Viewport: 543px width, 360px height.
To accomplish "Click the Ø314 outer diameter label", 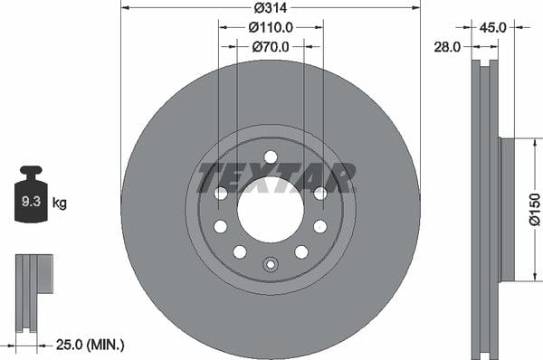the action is (x=271, y=7).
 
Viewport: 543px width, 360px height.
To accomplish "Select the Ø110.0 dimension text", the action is (x=271, y=27).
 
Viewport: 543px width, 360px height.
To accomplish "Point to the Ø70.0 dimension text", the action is (x=271, y=47).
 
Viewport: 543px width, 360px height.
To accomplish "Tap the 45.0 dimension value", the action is (x=492, y=27).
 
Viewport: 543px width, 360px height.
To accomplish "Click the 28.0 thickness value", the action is (x=447, y=47).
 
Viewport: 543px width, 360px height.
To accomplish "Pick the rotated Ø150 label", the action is (x=535, y=210).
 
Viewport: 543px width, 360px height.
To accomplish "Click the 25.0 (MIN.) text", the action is (x=90, y=345).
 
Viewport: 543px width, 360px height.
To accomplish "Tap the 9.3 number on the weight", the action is (x=31, y=201).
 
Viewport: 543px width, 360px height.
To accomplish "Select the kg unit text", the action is (x=60, y=203).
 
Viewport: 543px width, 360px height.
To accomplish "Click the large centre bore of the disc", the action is (x=271, y=209).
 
